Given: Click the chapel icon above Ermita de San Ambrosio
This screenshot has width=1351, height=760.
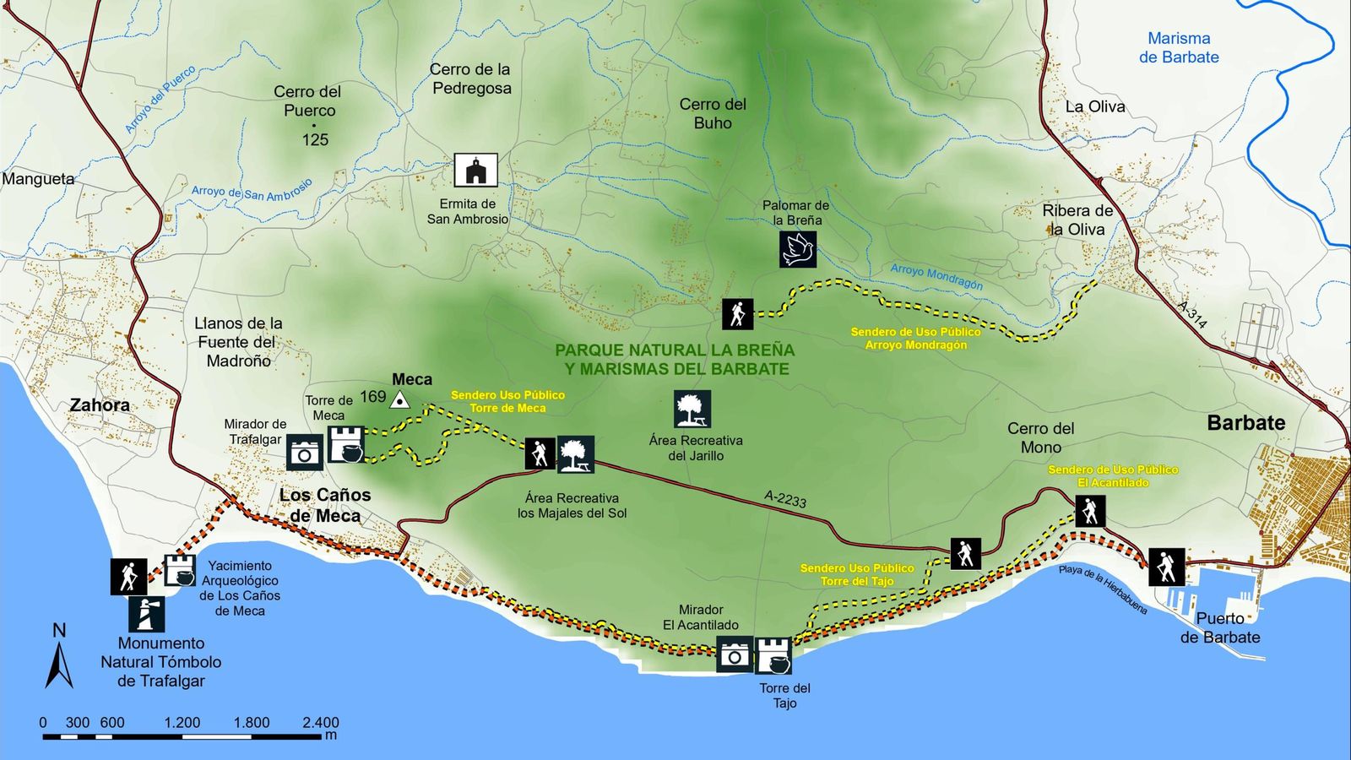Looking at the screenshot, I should pyautogui.click(x=475, y=170).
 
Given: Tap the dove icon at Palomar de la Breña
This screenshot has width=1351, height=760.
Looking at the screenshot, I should pyautogui.click(x=797, y=250).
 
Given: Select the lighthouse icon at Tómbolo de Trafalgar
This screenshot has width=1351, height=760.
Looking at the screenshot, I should pyautogui.click(x=147, y=614).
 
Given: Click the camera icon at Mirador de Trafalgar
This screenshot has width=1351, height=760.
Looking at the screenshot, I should pyautogui.click(x=304, y=453).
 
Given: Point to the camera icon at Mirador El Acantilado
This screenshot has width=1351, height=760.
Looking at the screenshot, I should pyautogui.click(x=734, y=655).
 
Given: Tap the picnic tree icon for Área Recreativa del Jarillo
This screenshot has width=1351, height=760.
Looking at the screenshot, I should pyautogui.click(x=692, y=410).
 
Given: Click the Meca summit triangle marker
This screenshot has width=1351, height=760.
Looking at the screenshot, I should pyautogui.click(x=399, y=401).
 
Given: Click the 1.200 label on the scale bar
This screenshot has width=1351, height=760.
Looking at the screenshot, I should pyautogui.click(x=182, y=722).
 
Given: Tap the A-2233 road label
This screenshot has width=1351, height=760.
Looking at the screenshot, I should pyautogui.click(x=785, y=499).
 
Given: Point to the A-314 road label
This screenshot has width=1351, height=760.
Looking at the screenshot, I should pyautogui.click(x=1192, y=314).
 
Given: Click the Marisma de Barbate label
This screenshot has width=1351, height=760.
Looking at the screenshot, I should pyautogui.click(x=1179, y=48).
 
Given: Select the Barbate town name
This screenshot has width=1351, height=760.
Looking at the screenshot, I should pyautogui.click(x=1245, y=423).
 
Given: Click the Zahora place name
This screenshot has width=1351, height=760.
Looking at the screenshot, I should pyautogui.click(x=100, y=405).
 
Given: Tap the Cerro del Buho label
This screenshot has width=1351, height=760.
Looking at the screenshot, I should pyautogui.click(x=713, y=114).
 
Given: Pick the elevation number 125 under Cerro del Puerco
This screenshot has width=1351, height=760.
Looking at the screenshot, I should pyautogui.click(x=315, y=140).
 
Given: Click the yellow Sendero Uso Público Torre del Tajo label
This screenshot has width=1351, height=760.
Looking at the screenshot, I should pyautogui.click(x=857, y=575).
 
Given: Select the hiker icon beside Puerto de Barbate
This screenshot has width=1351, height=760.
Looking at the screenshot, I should pyautogui.click(x=1166, y=567).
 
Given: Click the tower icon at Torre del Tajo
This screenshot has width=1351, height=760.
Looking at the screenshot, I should pyautogui.click(x=773, y=655).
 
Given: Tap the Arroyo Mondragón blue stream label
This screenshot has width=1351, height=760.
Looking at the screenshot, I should pyautogui.click(x=936, y=277).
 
